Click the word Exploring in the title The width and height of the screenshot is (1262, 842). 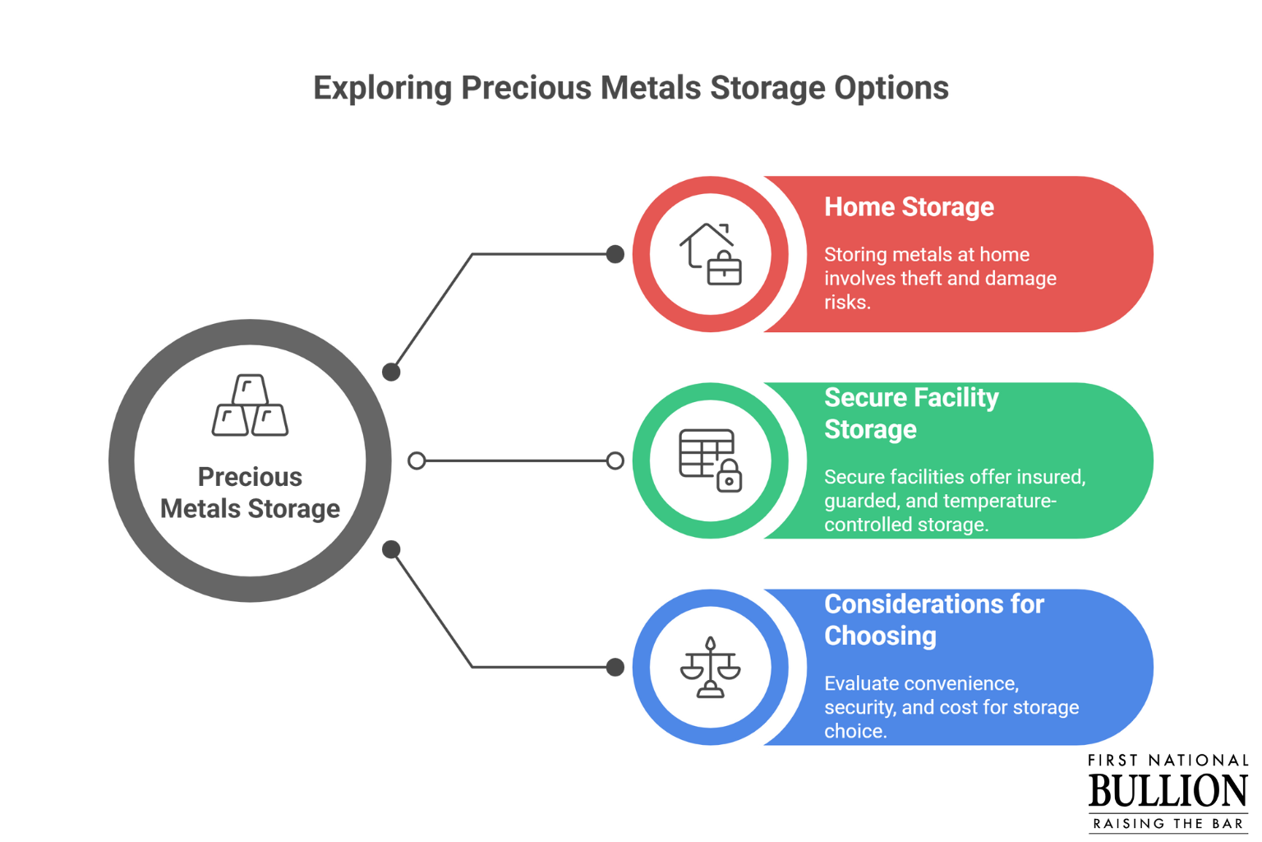(383, 89)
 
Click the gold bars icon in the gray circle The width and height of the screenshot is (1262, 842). (250, 405)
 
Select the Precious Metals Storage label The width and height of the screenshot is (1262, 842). (250, 493)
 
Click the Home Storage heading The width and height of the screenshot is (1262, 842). (909, 207)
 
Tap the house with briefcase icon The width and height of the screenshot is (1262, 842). (711, 254)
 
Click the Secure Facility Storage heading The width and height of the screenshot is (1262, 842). (911, 414)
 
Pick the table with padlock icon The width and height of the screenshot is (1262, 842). (711, 460)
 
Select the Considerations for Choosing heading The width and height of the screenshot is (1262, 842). (934, 620)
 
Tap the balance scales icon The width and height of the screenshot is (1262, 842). (711, 667)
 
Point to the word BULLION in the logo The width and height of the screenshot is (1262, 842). (1168, 791)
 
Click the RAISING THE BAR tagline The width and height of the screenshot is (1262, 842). (1168, 823)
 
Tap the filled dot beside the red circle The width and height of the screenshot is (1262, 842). (615, 254)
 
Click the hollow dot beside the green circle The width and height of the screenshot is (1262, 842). (615, 460)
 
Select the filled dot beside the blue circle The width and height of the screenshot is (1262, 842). (615, 667)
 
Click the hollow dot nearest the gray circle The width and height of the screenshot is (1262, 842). (417, 460)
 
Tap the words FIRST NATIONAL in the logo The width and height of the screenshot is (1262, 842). (1168, 761)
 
